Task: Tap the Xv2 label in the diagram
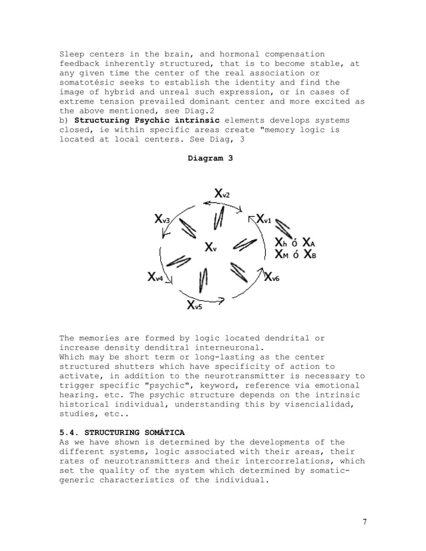click(222, 193)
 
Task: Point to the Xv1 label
click(264, 219)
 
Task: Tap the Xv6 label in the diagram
click(272, 278)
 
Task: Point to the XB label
click(309, 253)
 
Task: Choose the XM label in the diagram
click(282, 253)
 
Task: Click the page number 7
click(365, 521)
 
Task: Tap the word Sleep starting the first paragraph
click(73, 54)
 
